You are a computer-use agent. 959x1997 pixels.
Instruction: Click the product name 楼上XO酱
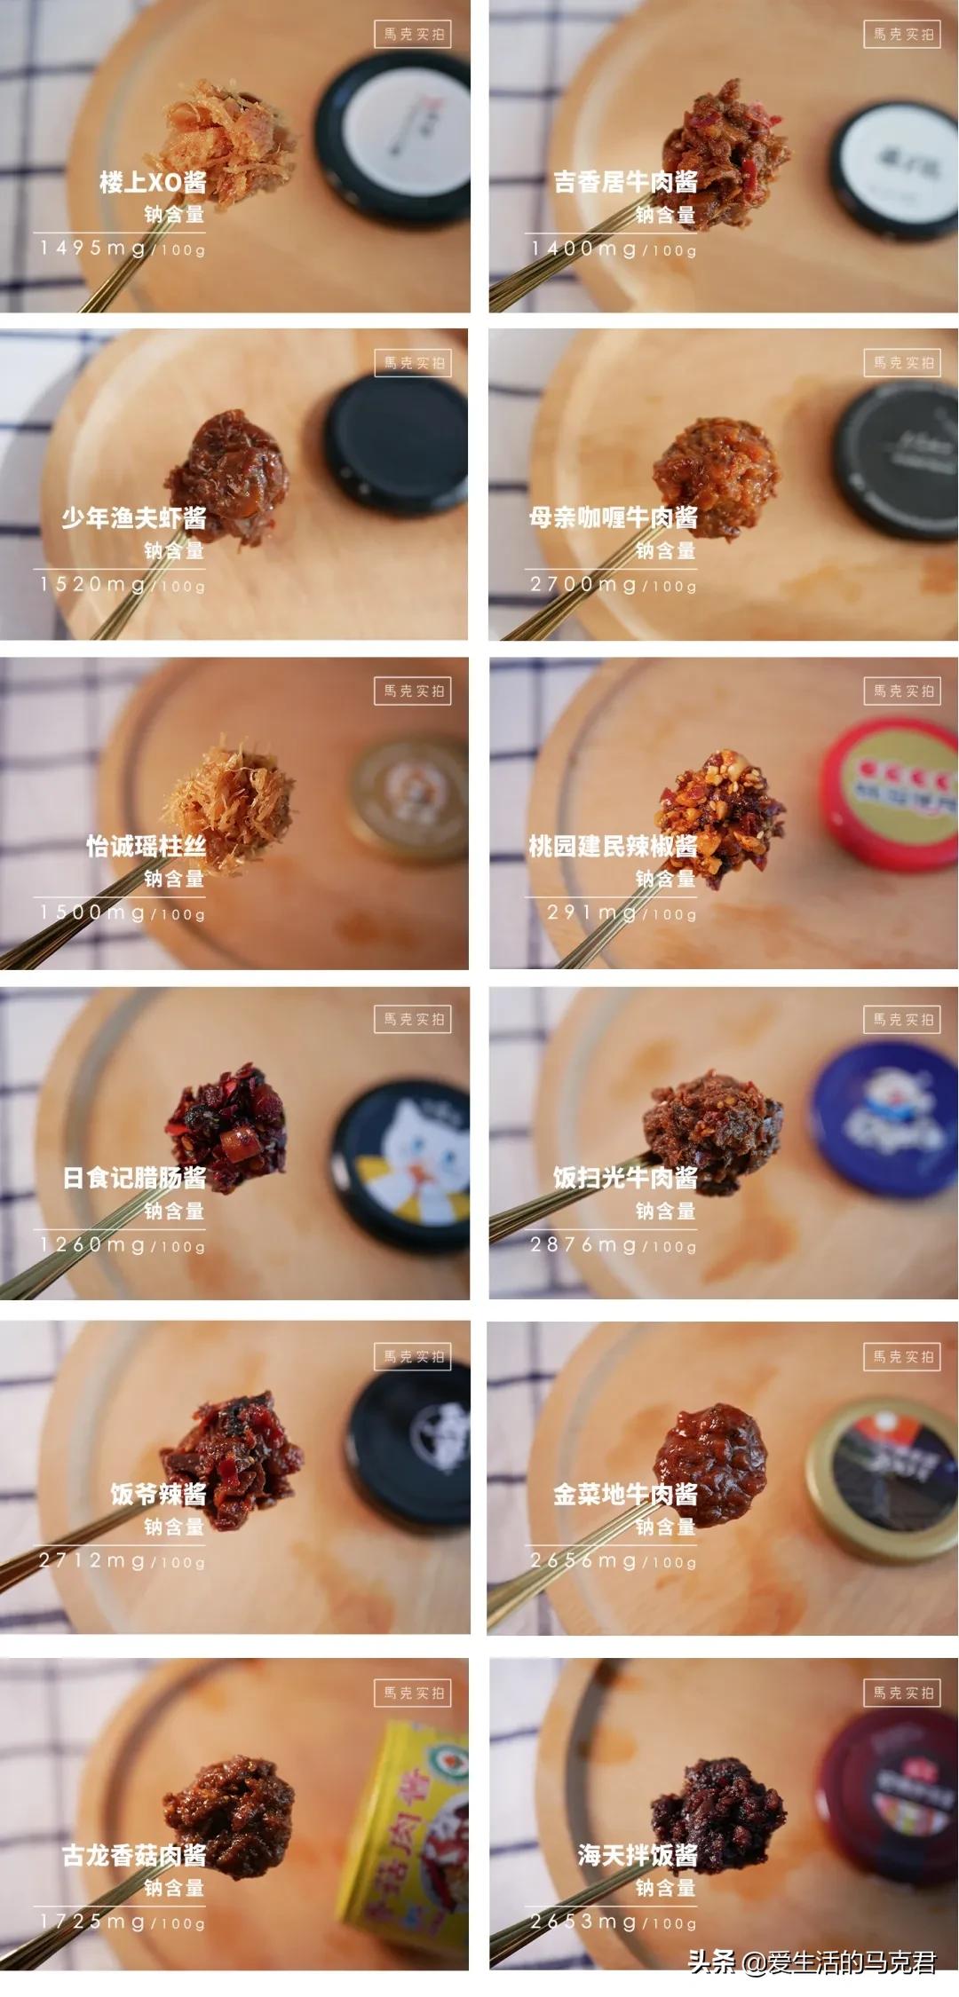pyautogui.click(x=153, y=183)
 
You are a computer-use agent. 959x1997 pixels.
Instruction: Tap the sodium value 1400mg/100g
pyautogui.click(x=614, y=249)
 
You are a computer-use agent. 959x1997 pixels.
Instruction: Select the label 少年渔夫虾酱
pyautogui.click(x=134, y=518)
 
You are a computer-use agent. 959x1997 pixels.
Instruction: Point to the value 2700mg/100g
pyautogui.click(x=614, y=585)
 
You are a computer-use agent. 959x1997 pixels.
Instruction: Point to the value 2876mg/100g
pyautogui.click(x=614, y=1245)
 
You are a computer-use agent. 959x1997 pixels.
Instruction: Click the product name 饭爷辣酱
pyautogui.click(x=158, y=1495)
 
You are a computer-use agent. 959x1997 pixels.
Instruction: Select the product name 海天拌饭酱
pyautogui.click(x=637, y=1856)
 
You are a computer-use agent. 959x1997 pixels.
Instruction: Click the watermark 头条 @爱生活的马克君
pyautogui.click(x=812, y=1962)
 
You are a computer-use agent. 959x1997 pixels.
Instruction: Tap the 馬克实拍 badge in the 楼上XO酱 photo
pyautogui.click(x=413, y=35)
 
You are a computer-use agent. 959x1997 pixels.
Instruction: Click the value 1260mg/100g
pyautogui.click(x=123, y=1245)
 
